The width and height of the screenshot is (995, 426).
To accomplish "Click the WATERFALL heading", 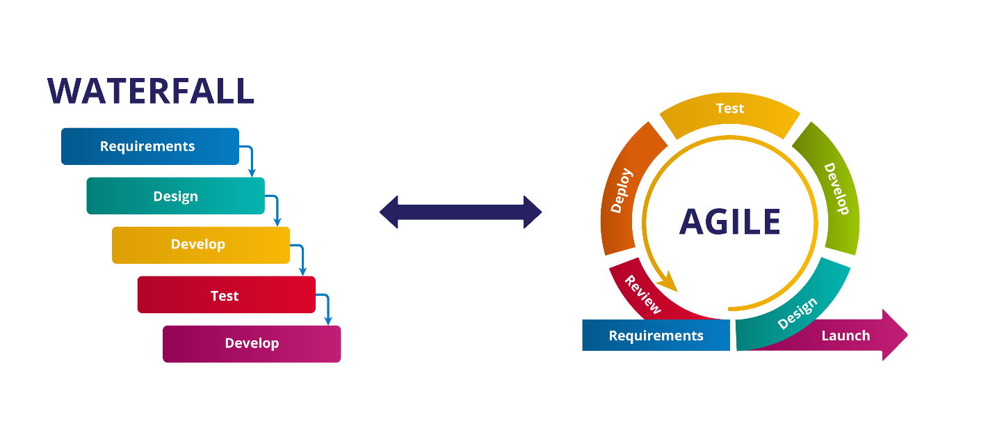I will pos(150,90).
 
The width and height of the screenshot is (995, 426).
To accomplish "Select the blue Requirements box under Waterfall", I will pos(149,146).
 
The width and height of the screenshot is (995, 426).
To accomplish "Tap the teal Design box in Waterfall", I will pos(175,196).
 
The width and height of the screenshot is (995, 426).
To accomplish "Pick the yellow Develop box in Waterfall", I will pos(200,244).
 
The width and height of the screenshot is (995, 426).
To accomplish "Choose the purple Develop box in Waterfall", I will pos(252,344).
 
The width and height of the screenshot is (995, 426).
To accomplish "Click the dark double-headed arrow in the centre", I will pos(460,212).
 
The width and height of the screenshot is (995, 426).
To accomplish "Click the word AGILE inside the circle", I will pos(729,221).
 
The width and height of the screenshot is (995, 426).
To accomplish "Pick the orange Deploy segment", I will pos(623,191).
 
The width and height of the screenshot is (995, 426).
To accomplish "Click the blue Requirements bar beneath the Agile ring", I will pos(656,336).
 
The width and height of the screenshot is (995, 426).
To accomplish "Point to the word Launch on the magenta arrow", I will pos(846,336).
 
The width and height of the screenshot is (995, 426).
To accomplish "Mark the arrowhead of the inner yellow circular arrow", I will pos(668,283).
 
